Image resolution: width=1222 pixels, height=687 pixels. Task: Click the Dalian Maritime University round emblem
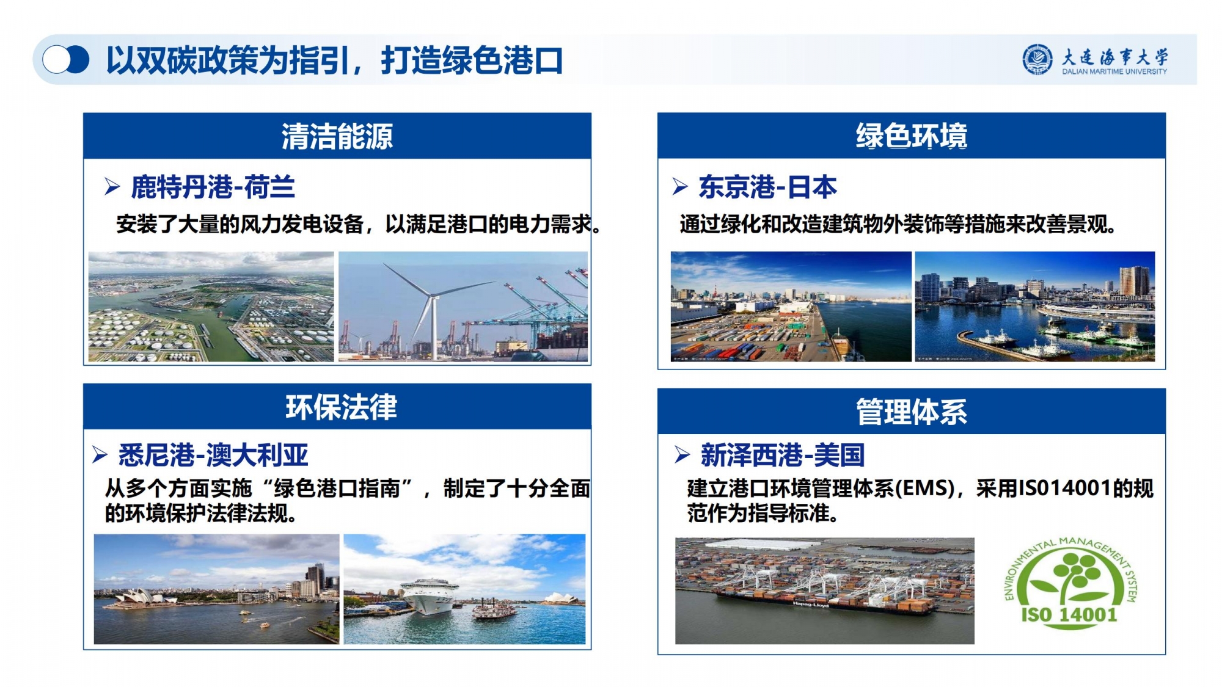click(1037, 59)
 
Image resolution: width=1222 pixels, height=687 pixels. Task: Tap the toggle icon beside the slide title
click(66, 60)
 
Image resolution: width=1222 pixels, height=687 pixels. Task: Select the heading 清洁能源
click(337, 136)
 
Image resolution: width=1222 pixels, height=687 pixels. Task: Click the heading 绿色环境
click(912, 136)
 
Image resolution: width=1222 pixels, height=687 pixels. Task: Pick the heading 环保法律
click(342, 407)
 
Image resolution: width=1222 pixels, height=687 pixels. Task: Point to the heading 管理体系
click(912, 412)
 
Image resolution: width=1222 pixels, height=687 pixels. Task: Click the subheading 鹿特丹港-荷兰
click(213, 187)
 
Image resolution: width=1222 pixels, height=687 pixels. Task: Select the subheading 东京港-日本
click(767, 187)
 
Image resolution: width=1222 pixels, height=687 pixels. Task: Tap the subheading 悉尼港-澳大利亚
click(213, 455)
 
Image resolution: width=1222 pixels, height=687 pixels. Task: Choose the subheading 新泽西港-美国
click(783, 455)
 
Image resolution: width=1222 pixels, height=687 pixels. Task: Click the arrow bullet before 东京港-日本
click(680, 186)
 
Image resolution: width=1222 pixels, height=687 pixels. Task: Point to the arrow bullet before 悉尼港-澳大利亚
click(100, 454)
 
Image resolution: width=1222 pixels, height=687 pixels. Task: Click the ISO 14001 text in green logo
click(1069, 614)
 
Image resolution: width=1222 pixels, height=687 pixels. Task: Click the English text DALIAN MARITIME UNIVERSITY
click(1114, 71)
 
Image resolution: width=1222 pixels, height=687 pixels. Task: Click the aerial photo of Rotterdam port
click(211, 307)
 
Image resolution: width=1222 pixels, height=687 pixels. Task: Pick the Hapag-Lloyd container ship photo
click(824, 591)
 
